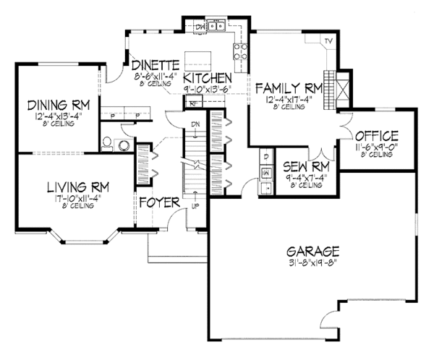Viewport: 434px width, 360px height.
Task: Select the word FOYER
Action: click(x=158, y=202)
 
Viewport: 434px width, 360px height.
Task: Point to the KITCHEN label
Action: click(x=207, y=78)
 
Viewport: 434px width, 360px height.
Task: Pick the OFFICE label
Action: click(x=377, y=135)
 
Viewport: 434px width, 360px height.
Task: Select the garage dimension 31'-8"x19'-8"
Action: click(x=312, y=262)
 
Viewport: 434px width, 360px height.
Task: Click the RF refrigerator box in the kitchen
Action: click(x=194, y=103)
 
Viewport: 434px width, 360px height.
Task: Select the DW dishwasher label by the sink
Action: click(x=202, y=27)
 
